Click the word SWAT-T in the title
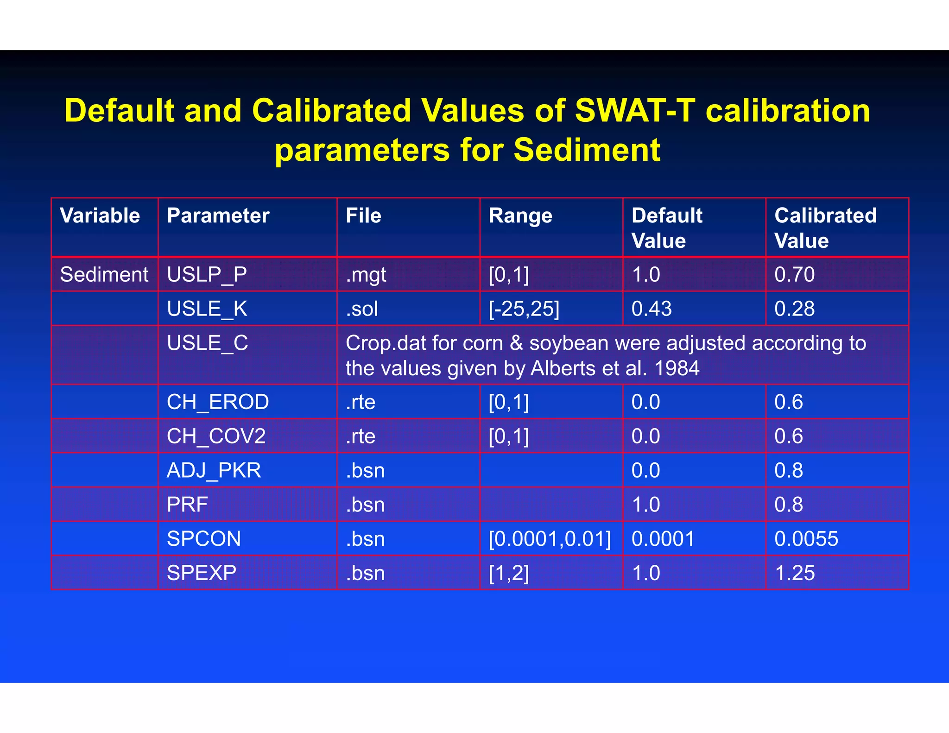pyautogui.click(x=635, y=111)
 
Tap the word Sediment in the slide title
pyautogui.click(x=587, y=150)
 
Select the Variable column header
pyautogui.click(x=100, y=216)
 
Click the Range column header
pyautogui.click(x=520, y=216)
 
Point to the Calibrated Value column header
pyautogui.click(x=825, y=228)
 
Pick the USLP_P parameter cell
pyautogui.click(x=207, y=274)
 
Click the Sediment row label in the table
pyautogui.click(x=104, y=274)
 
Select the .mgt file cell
pyautogui.click(x=366, y=275)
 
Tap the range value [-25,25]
pyautogui.click(x=524, y=309)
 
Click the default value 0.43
pyautogui.click(x=652, y=309)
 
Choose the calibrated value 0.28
pyautogui.click(x=794, y=309)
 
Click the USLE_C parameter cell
pyautogui.click(x=207, y=343)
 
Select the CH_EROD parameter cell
pyautogui.click(x=218, y=402)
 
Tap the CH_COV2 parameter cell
pyautogui.click(x=216, y=436)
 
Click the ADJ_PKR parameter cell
pyautogui.click(x=214, y=470)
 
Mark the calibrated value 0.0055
pyautogui.click(x=806, y=539)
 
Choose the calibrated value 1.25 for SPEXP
pyautogui.click(x=794, y=573)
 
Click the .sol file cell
pyautogui.click(x=362, y=309)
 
